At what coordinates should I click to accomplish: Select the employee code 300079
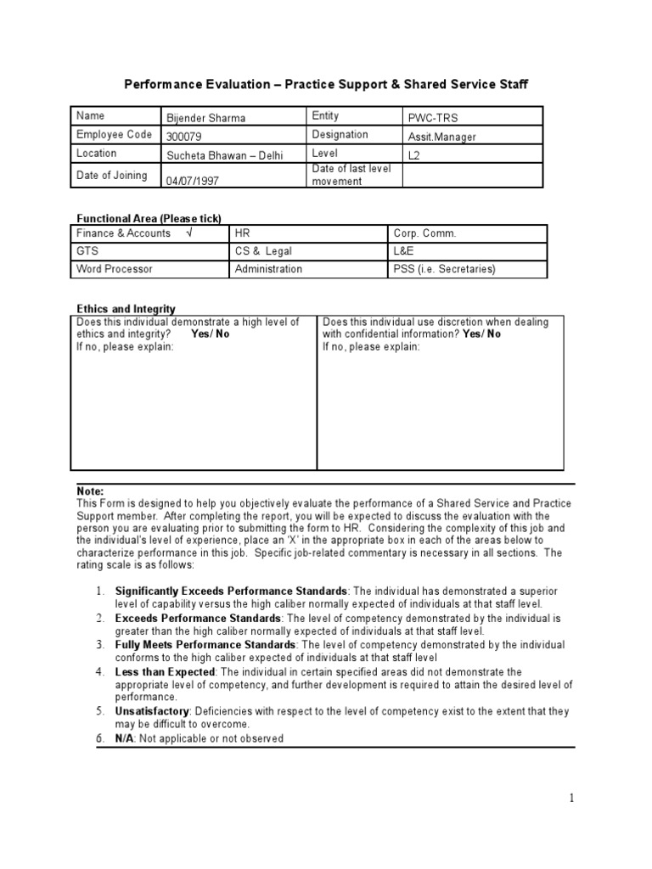(184, 137)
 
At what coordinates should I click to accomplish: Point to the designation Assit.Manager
(442, 137)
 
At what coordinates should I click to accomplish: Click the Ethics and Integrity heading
(126, 309)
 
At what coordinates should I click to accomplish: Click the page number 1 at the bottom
(572, 798)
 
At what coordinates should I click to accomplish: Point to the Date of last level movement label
(351, 175)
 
